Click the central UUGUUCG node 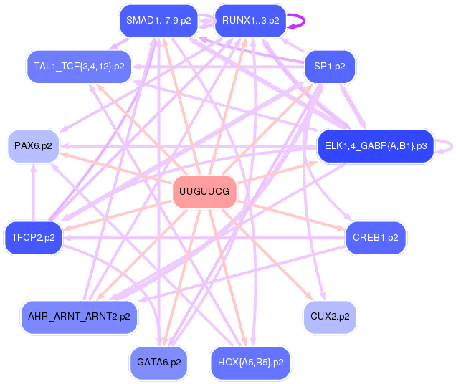[204, 192]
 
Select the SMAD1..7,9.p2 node [158, 21]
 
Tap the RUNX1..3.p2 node [250, 21]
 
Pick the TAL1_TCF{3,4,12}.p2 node [79, 67]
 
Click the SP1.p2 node [330, 67]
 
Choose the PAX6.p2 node [33, 146]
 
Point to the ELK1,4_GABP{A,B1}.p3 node [376, 146]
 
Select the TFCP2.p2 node [33, 237]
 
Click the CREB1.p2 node [376, 237]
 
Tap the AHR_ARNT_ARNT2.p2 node [79, 316]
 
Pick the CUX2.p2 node [330, 316]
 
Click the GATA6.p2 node [158, 363]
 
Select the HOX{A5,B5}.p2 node [250, 363]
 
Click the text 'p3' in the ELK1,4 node [421, 146]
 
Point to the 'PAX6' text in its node [27, 146]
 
